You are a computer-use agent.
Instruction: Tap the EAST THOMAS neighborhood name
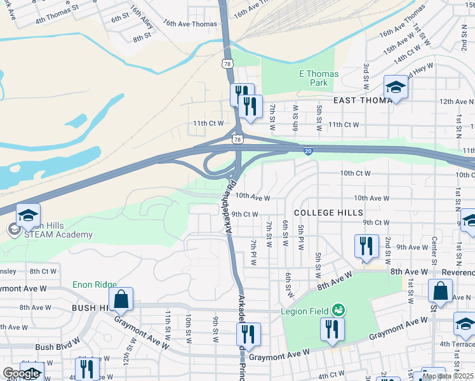pyautogui.click(x=363, y=100)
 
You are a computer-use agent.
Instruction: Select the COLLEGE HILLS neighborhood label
pyautogui.click(x=328, y=212)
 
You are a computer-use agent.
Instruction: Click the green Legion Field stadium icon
pyautogui.click(x=339, y=310)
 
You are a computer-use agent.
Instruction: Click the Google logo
pyautogui.click(x=21, y=373)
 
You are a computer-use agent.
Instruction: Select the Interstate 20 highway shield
pyautogui.click(x=308, y=151)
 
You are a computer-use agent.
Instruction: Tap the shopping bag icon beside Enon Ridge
pyautogui.click(x=121, y=298)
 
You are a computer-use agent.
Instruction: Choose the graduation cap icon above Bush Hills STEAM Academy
pyautogui.click(x=28, y=215)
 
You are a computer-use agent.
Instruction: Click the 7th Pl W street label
pyautogui.click(x=253, y=253)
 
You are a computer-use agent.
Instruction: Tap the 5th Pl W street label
pyautogui.click(x=300, y=236)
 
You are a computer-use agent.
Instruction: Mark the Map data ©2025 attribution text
pyautogui.click(x=448, y=376)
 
